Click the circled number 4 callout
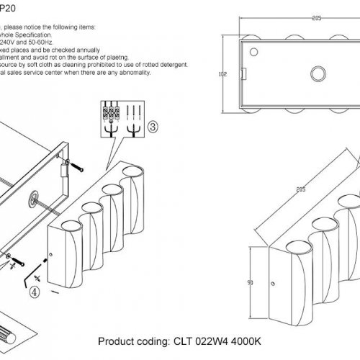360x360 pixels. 33,292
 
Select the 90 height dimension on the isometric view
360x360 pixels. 249,283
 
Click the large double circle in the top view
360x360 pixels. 318,73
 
